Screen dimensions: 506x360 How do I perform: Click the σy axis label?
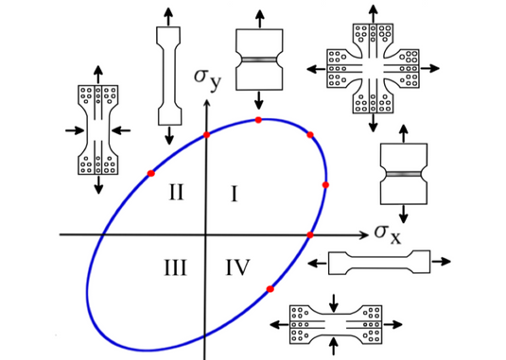coord(207,80)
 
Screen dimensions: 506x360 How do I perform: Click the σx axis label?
coord(388,234)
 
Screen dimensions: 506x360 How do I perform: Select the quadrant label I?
coord(235,195)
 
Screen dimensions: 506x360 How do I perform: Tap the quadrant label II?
coord(177,192)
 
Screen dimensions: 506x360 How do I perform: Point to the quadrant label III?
coord(176,267)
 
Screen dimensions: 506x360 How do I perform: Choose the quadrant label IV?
coord(237,267)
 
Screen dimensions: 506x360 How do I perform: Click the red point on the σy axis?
coord(206,135)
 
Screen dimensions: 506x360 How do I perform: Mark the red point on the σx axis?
coord(310,235)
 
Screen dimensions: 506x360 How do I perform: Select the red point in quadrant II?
coord(150,174)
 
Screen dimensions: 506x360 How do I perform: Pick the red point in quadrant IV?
coord(270,289)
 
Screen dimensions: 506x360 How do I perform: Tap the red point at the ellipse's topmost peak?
coord(258,120)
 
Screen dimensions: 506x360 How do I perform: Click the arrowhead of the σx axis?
coord(365,235)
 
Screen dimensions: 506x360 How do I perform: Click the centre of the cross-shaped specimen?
coord(373,68)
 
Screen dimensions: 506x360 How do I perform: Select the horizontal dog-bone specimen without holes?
coord(379,263)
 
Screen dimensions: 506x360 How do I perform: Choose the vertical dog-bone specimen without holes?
coord(168,76)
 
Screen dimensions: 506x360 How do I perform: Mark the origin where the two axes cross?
coord(205,235)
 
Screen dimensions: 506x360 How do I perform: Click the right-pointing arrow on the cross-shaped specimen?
coord(429,68)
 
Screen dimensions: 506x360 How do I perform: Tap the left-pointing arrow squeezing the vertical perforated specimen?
coord(121,130)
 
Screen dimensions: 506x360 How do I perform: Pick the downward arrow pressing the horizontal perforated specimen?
coord(334,303)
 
